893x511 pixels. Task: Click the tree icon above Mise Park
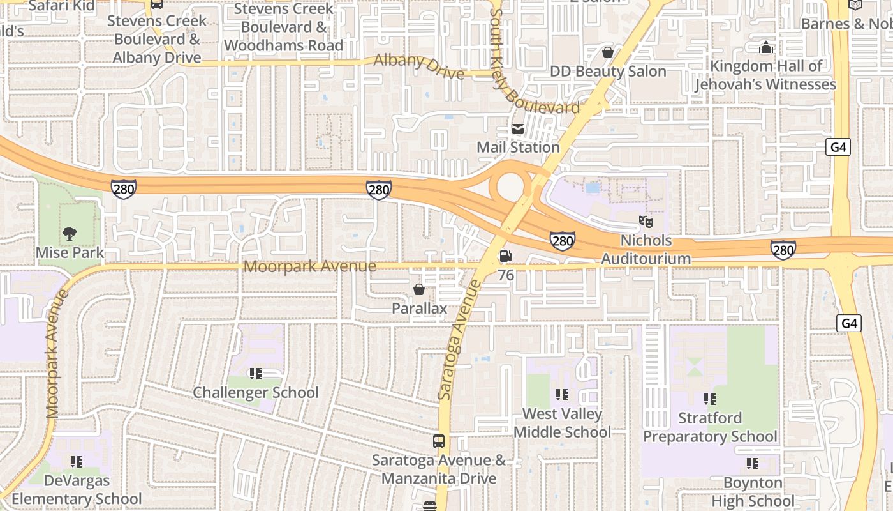click(70, 234)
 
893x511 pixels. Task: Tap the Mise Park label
click(70, 252)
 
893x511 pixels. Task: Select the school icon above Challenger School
click(256, 374)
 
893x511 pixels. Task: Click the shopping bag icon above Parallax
click(419, 289)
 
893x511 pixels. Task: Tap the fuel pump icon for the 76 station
click(505, 256)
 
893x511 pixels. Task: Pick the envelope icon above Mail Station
click(517, 129)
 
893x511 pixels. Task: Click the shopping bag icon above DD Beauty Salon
click(608, 52)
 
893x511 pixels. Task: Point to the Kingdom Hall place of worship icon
click(765, 47)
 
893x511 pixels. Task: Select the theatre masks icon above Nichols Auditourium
click(646, 222)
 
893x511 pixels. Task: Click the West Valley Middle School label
click(562, 423)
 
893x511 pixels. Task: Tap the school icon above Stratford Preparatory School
click(710, 399)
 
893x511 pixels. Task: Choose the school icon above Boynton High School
click(753, 464)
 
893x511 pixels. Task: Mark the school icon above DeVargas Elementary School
click(77, 461)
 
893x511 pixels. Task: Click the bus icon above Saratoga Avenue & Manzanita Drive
click(439, 441)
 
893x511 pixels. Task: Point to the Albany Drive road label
click(418, 66)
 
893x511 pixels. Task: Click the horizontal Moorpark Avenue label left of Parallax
click(310, 266)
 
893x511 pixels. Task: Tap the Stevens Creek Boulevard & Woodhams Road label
click(283, 27)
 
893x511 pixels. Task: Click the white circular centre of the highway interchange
click(510, 186)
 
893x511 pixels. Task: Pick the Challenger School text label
click(256, 392)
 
